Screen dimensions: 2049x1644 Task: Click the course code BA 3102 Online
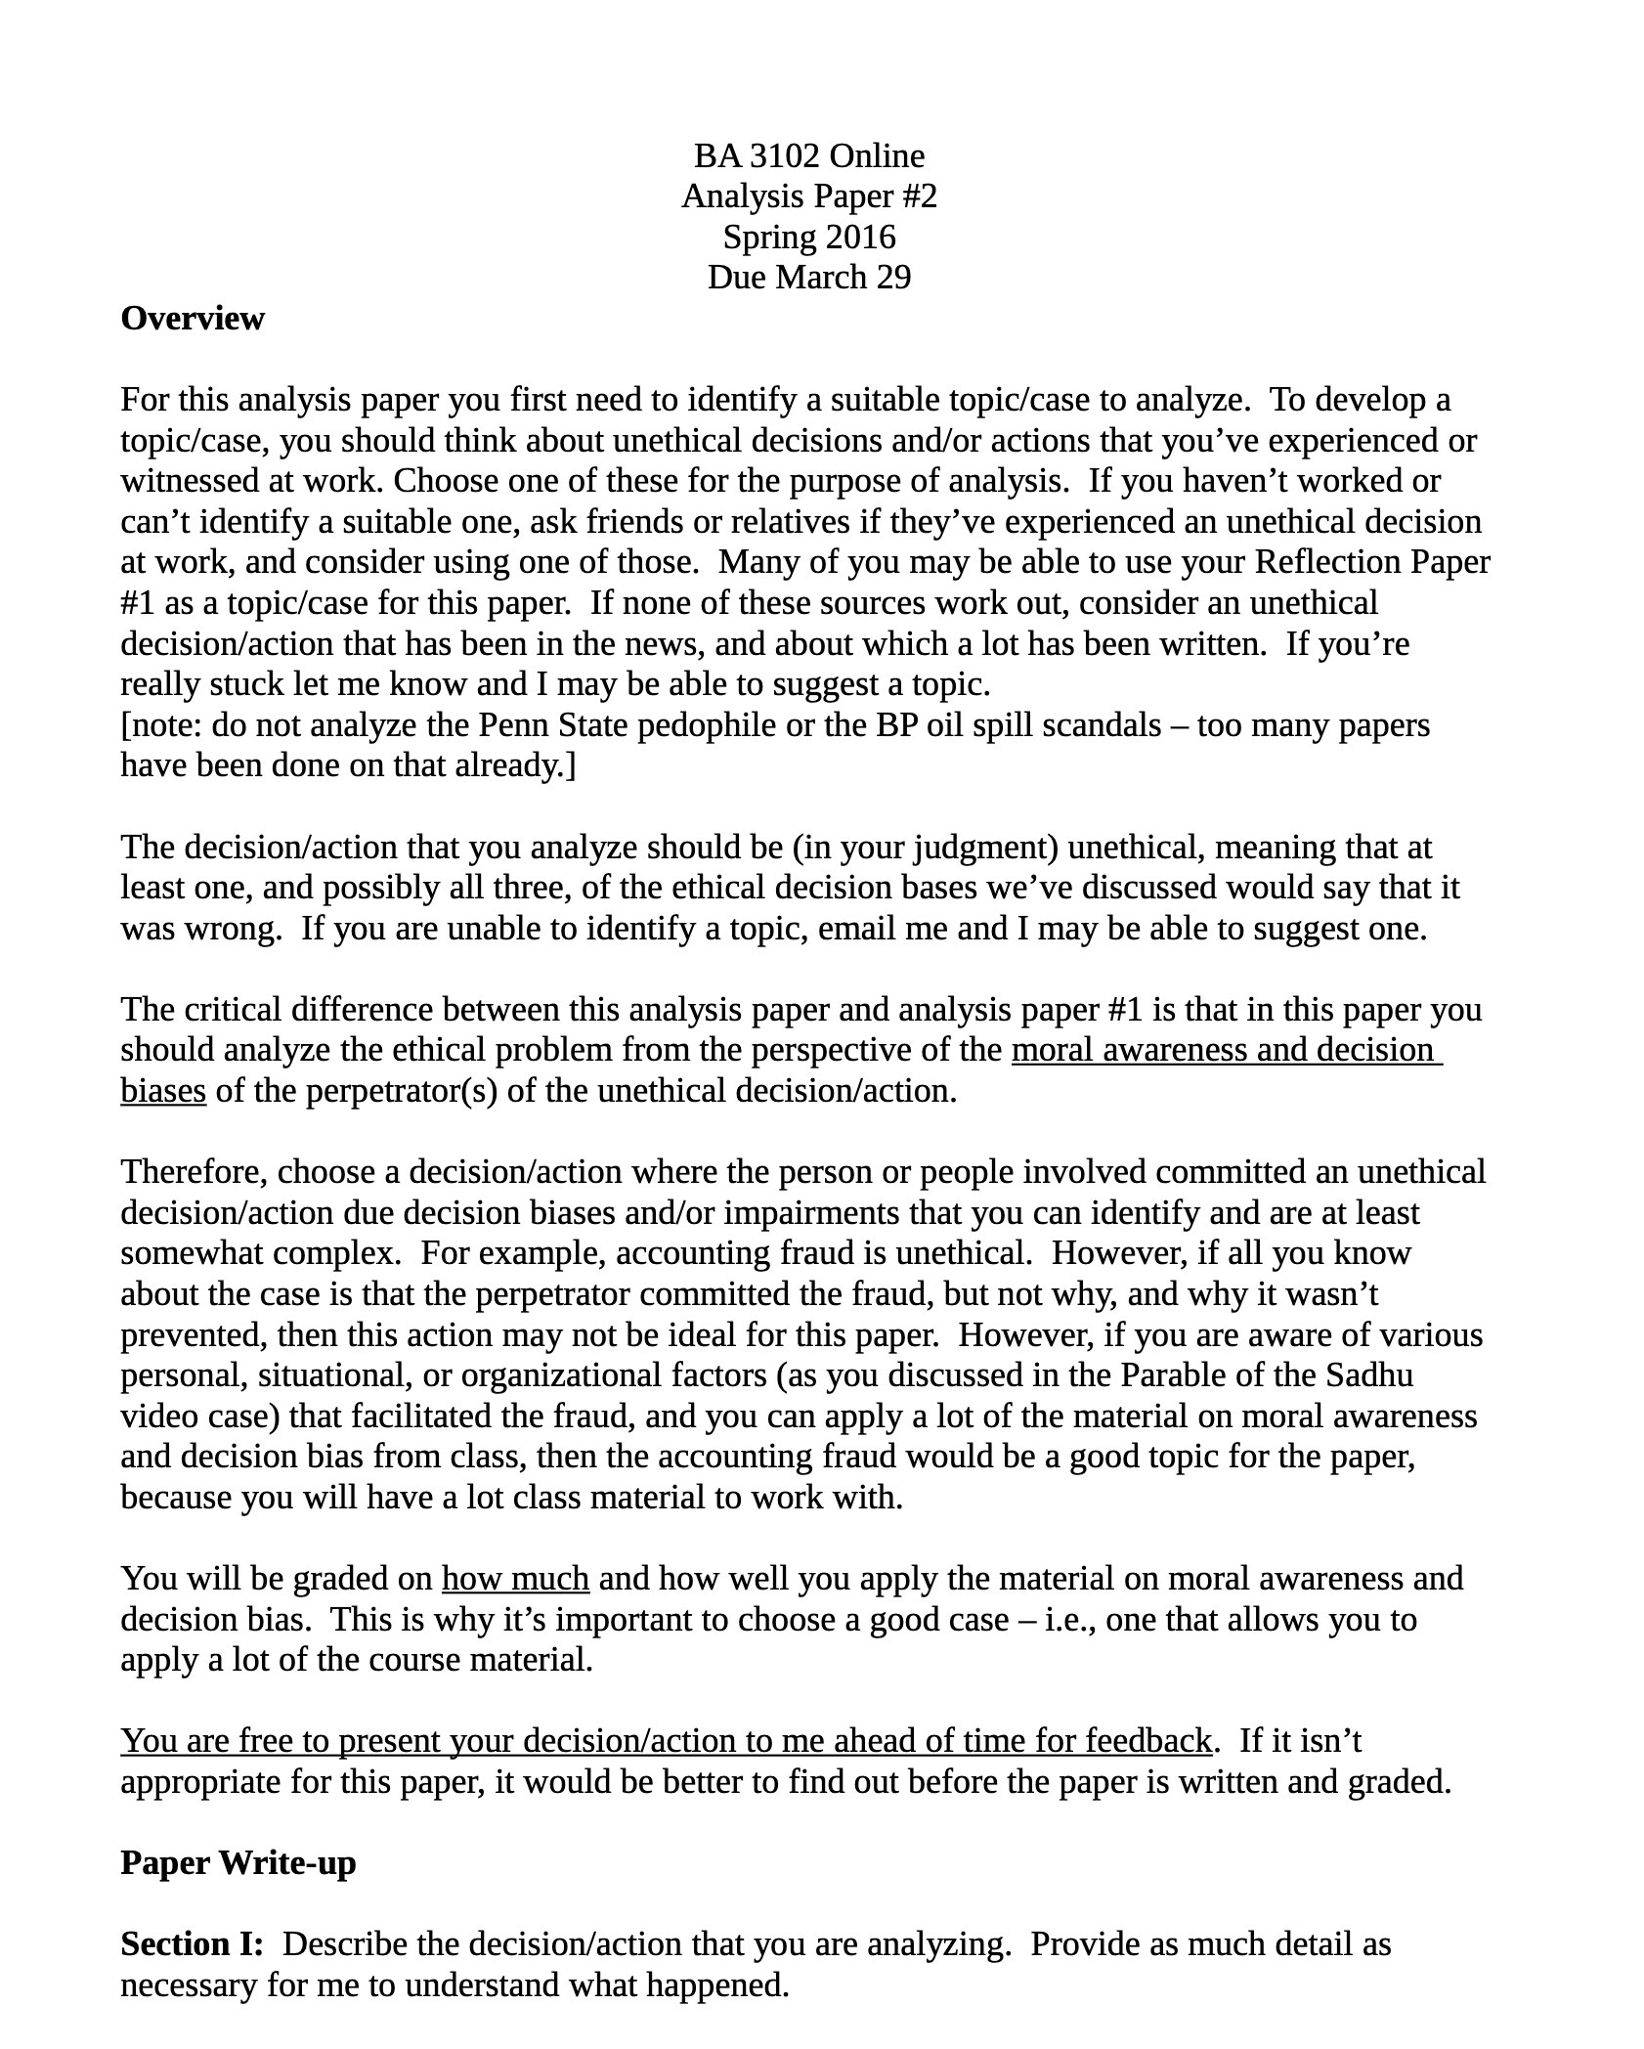pos(808,155)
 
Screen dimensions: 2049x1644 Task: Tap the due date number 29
pos(892,278)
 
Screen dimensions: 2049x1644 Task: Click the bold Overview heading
pos(193,319)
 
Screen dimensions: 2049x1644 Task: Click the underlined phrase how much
pos(515,1579)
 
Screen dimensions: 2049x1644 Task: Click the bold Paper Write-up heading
pos(238,1863)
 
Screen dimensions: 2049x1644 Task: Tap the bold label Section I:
pos(192,1944)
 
